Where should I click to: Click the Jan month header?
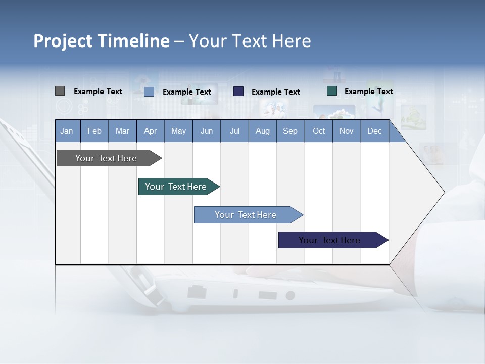[x=67, y=131]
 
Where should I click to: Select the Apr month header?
[x=151, y=131]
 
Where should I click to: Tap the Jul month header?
[x=234, y=131]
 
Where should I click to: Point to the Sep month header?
[x=290, y=131]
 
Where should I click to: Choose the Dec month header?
[x=374, y=131]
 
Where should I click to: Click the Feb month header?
[x=94, y=131]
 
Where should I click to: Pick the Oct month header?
[x=319, y=131]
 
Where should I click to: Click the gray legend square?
[x=60, y=91]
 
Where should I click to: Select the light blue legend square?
[x=149, y=92]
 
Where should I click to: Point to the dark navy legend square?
[x=238, y=92]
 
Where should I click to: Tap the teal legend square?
[x=332, y=91]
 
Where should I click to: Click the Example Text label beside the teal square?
[x=368, y=92]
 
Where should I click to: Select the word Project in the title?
[x=63, y=41]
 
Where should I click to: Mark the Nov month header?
[x=347, y=131]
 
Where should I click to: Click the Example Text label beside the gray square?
[x=98, y=92]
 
